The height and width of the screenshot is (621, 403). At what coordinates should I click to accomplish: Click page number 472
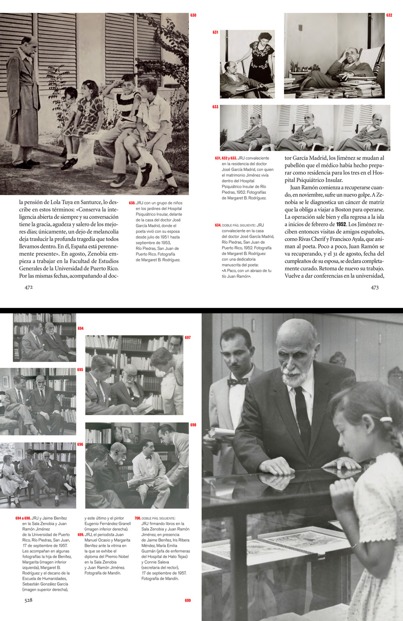pos(28,287)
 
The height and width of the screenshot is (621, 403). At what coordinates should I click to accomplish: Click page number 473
pos(375,287)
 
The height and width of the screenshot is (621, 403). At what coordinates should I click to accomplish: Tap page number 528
pos(28,600)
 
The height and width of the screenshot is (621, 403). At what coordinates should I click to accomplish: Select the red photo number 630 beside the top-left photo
pos(193,16)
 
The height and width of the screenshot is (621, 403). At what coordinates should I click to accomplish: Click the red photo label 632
pos(389,16)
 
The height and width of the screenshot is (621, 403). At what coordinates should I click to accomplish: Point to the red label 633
pos(216,107)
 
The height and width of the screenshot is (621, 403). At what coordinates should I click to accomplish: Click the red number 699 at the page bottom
pos(187,600)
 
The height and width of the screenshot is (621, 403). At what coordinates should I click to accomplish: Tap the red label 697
pos(187,338)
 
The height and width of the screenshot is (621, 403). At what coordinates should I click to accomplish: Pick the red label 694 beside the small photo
pos(81,329)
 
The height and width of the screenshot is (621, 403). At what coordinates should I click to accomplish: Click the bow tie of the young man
pos(238,381)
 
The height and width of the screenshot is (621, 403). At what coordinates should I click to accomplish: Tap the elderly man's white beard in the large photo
pos(294,378)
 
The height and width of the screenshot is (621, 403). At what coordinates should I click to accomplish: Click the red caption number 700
pos(137,519)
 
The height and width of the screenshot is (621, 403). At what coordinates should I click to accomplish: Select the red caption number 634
pos(218,225)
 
